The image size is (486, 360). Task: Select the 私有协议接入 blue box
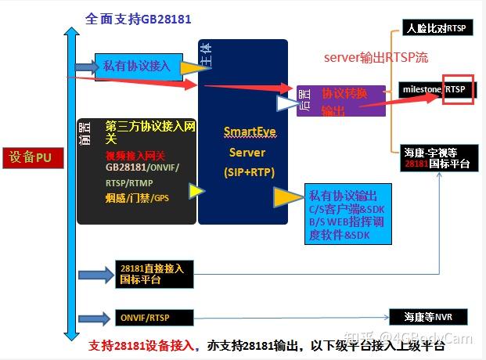click(137, 66)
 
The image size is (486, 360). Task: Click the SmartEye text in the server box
click(245, 131)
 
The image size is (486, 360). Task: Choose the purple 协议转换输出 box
click(345, 101)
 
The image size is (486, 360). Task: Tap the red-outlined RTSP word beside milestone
click(457, 90)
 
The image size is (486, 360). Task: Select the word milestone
click(422, 90)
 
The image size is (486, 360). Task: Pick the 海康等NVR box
click(430, 317)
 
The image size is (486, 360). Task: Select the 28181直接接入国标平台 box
click(153, 273)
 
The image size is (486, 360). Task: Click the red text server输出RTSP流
click(376, 58)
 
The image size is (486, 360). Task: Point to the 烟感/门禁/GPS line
click(137, 198)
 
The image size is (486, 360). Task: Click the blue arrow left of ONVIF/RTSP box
click(96, 317)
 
